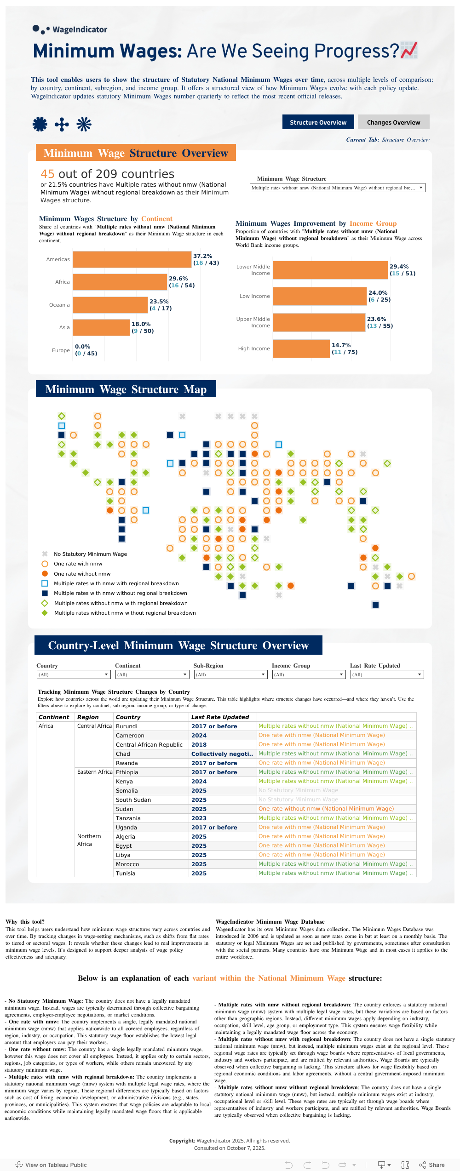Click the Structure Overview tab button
pyautogui.click(x=318, y=122)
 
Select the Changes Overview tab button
pyautogui.click(x=393, y=122)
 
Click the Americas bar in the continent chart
pyautogui.click(x=132, y=259)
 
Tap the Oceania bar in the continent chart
pyautogui.click(x=110, y=305)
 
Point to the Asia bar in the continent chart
pyautogui.click(x=101, y=327)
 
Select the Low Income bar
pyautogui.click(x=319, y=296)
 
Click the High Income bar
pyautogui.click(x=301, y=348)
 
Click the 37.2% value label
pyautogui.click(x=202, y=256)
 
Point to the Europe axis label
pyautogui.click(x=61, y=350)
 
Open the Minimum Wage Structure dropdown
pyautogui.click(x=337, y=188)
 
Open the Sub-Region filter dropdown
pyautogui.click(x=230, y=674)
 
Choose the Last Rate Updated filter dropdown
pyautogui.click(x=386, y=674)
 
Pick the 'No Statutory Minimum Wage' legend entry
pyautogui.click(x=90, y=554)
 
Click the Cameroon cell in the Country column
pyautogui.click(x=130, y=736)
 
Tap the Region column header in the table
pyautogui.click(x=88, y=717)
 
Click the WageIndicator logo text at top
pyautogui.click(x=80, y=29)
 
